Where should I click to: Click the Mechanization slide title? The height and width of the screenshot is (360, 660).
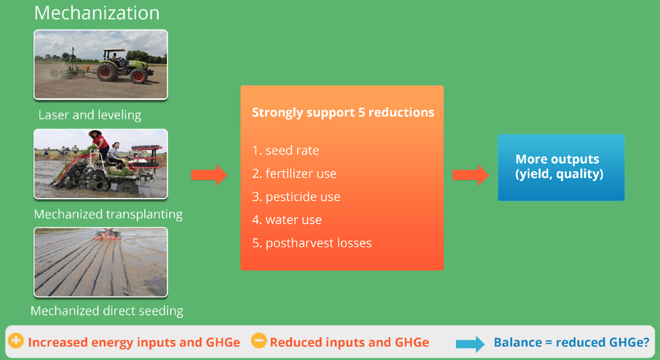97,13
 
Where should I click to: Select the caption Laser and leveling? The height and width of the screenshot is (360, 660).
90,115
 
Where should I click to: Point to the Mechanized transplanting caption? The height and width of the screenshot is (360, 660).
108,214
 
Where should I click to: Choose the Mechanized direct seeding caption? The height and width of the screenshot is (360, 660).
107,311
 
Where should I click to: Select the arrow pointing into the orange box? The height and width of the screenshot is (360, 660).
209,175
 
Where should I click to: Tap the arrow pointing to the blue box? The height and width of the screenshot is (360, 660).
471,175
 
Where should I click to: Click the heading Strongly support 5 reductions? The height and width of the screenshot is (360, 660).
343,113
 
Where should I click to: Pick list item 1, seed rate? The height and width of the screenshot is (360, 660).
286,150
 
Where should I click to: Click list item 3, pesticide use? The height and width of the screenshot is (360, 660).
296,197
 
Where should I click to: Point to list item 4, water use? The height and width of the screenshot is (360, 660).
287,220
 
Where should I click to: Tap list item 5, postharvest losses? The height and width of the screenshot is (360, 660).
312,243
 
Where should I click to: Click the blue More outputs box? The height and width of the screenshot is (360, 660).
561,167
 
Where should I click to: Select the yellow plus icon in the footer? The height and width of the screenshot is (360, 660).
16,341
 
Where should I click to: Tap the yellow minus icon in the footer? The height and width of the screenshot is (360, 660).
259,341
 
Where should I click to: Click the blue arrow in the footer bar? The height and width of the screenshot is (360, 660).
470,344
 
